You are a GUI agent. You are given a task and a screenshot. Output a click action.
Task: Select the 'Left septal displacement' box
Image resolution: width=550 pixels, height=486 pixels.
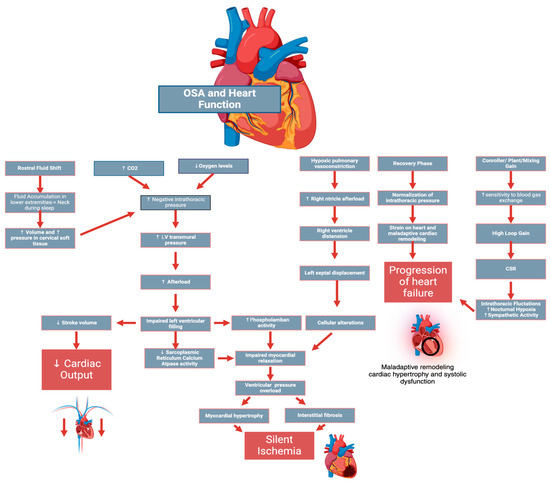click(332, 272)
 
